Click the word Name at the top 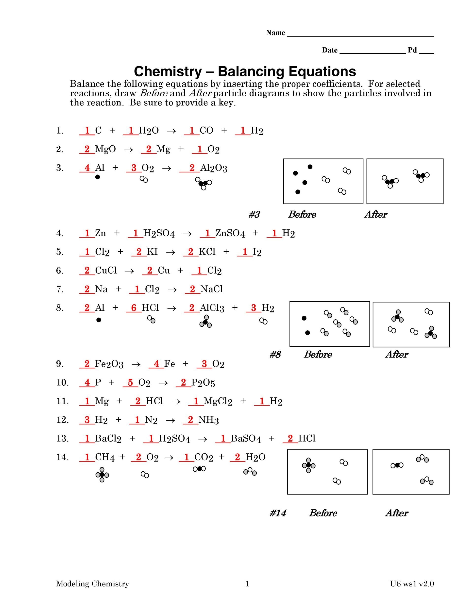point(275,33)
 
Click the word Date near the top point(330,50)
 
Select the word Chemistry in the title point(168,71)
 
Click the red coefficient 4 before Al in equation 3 point(87,168)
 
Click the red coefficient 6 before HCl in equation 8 point(134,308)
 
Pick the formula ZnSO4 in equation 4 point(230,233)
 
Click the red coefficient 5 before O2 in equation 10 point(130,382)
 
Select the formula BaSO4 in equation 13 point(246,439)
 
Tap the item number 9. point(60,364)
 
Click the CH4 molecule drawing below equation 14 point(102,475)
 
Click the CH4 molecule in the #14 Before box point(308,465)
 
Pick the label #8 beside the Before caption point(275,355)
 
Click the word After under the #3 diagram point(376,214)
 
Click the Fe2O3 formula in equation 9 point(109,364)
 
